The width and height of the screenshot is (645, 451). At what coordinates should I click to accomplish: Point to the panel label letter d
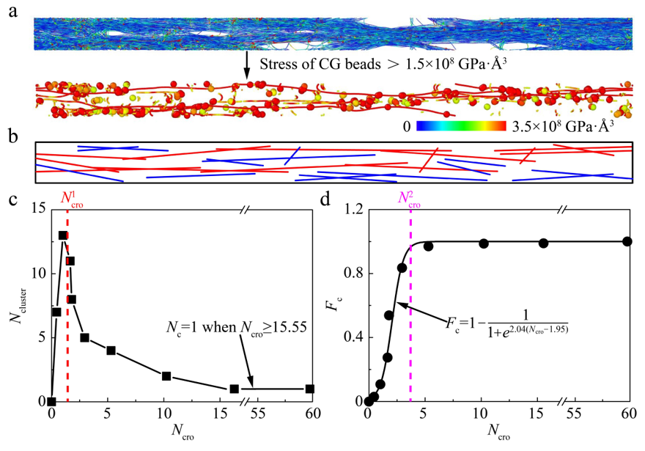click(x=332, y=199)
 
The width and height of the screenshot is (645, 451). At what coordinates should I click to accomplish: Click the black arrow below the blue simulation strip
click(x=246, y=65)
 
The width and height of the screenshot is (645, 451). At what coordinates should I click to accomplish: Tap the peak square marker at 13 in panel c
click(x=63, y=235)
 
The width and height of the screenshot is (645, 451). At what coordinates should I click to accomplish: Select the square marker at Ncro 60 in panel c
click(x=310, y=389)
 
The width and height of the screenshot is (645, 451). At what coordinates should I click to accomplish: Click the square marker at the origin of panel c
click(x=51, y=401)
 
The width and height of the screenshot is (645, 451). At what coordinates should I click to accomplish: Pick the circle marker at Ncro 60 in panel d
click(x=627, y=241)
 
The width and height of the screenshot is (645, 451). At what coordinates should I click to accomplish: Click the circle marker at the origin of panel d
click(x=369, y=401)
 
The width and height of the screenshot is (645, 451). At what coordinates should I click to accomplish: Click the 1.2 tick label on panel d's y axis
click(x=350, y=210)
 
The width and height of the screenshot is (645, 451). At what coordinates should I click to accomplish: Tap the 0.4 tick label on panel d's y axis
click(x=350, y=337)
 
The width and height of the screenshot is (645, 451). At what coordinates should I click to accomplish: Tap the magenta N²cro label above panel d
click(x=410, y=199)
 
